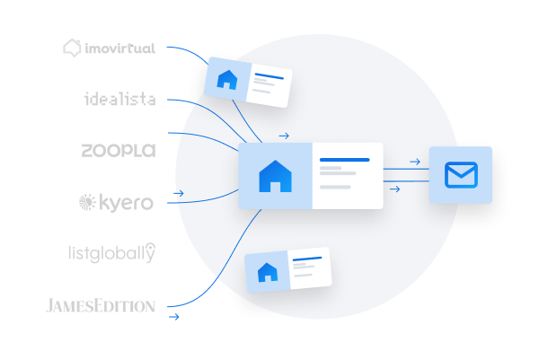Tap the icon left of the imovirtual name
point(74,48)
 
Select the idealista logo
point(119,99)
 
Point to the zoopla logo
point(118,150)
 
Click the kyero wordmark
point(127,204)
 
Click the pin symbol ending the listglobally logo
point(150,251)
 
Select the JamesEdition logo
point(101,305)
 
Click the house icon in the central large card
point(275,176)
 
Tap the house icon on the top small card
point(226,81)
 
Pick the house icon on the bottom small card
point(267,272)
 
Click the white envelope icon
point(460,175)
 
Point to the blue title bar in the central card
point(344,160)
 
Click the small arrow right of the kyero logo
point(180,193)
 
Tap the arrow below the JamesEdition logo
point(174,317)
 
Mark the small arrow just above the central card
point(284,136)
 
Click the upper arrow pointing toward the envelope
point(414,162)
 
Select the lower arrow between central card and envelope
point(393,189)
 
